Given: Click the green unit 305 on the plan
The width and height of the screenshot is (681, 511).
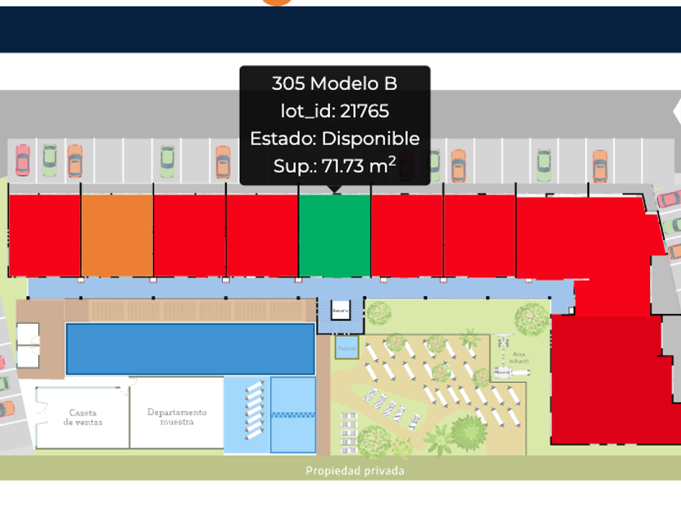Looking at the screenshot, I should (334, 235).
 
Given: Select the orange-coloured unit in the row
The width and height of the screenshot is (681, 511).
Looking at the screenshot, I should (117, 235).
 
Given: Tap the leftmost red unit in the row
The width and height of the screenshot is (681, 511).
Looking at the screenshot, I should (45, 235).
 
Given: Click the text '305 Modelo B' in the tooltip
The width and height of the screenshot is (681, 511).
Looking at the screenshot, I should (334, 84).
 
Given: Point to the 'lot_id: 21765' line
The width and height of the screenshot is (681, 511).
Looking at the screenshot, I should (334, 111).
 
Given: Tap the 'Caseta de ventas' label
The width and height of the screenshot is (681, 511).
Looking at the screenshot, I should (83, 418).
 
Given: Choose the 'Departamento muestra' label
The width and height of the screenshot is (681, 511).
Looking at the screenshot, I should (177, 417).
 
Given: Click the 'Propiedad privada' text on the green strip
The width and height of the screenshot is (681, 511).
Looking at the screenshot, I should (354, 470).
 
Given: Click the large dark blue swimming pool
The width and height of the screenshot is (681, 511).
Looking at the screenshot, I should (190, 349).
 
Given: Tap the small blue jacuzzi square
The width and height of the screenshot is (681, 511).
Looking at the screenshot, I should (346, 349).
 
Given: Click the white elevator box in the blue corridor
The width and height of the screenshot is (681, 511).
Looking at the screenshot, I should (340, 310).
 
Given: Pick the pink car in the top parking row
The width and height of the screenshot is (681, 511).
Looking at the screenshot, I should (23, 161).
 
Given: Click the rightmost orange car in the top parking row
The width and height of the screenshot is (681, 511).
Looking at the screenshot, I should (599, 165).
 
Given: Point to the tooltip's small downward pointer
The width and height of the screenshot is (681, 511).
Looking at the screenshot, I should (335, 190).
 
